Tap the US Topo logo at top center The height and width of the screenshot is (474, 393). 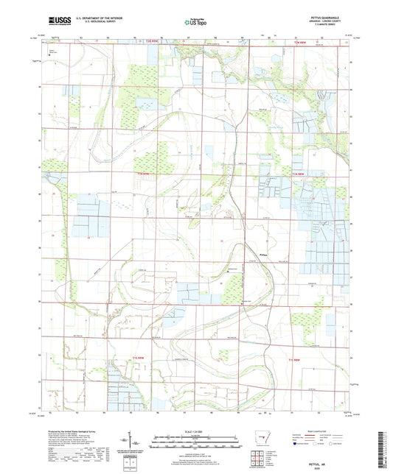[x=193, y=22]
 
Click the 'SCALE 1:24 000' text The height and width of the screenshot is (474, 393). [x=196, y=431]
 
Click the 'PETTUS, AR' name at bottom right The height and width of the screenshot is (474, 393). [x=322, y=456]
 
